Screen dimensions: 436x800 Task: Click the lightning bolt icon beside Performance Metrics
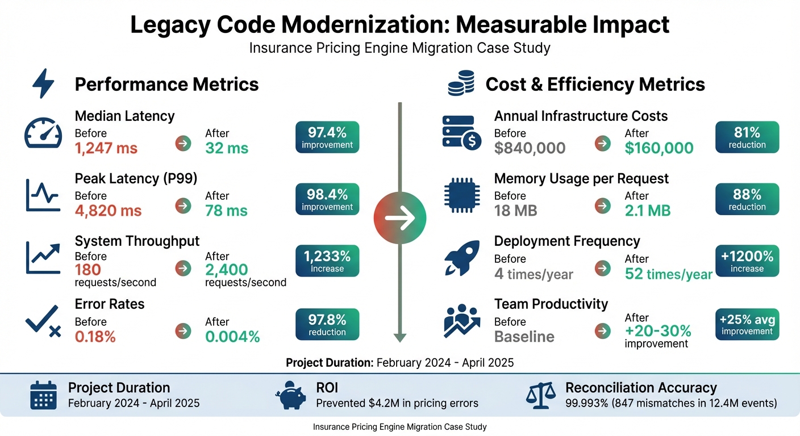[x=44, y=85]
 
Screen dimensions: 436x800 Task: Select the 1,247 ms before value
[x=106, y=148]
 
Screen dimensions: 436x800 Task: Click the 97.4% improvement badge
[x=327, y=137]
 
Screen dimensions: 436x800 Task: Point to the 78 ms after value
[x=226, y=211]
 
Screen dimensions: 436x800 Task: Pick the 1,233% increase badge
[x=327, y=261]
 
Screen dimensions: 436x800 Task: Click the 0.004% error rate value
[x=232, y=337]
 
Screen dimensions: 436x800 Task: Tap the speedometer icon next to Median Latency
[x=43, y=133]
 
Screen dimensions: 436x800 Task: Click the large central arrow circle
[x=400, y=219]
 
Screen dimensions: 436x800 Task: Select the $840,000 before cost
[x=530, y=148]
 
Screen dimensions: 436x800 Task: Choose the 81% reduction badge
[x=747, y=137]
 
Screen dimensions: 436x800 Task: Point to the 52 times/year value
[x=668, y=274]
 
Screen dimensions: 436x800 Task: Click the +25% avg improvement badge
[x=747, y=324]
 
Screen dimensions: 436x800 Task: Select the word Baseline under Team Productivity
[x=524, y=337]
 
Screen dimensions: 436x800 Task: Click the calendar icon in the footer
[x=43, y=395]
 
